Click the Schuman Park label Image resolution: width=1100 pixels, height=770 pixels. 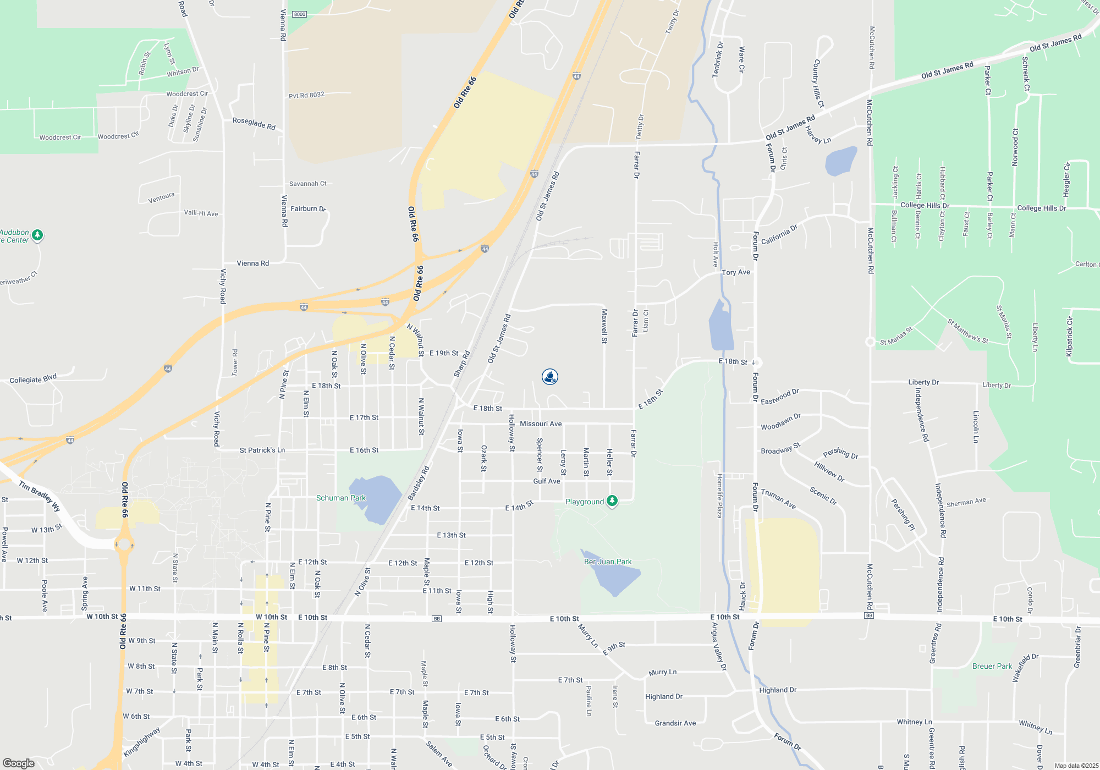pos(340,498)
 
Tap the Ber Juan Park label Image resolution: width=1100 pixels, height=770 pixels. pos(607,562)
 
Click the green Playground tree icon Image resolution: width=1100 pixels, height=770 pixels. pos(612,501)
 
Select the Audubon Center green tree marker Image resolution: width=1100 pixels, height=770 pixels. pos(37,235)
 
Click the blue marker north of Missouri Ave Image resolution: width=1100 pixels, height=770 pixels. pos(550,377)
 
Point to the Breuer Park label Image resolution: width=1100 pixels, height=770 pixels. pos(992,666)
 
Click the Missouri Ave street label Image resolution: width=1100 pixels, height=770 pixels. pos(541,424)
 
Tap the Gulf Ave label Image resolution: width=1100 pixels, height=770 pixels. pos(546,481)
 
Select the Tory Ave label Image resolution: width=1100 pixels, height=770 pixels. pos(735,272)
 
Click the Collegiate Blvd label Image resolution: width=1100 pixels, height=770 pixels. pos(33,380)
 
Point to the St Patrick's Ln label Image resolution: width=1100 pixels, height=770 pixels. pos(262,450)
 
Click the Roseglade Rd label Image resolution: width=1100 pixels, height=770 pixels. pos(254,123)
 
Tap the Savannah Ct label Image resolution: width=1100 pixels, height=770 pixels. pos(307,184)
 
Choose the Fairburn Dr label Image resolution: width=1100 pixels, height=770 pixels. pos(308,209)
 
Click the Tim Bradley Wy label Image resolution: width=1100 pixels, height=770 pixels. pos(40,496)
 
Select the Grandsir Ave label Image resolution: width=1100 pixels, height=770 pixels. pos(675,723)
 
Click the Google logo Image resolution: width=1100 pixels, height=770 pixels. pos(18,763)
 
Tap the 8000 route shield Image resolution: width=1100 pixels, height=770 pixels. pos(300,14)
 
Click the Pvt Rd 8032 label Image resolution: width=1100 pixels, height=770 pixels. pos(306,95)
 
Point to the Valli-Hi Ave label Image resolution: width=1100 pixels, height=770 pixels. pos(201,213)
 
